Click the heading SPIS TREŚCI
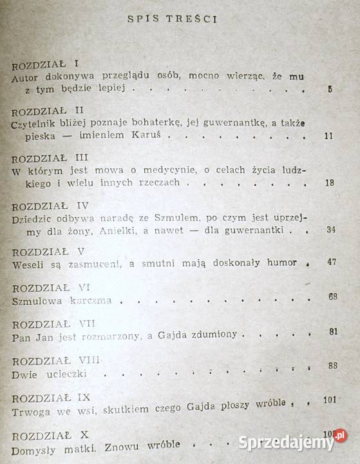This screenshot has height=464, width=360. (x=174, y=19)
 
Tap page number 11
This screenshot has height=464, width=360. (x=328, y=137)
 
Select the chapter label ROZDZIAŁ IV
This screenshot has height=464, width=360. (x=49, y=208)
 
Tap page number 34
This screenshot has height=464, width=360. (x=328, y=231)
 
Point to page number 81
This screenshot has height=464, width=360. (x=332, y=332)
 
